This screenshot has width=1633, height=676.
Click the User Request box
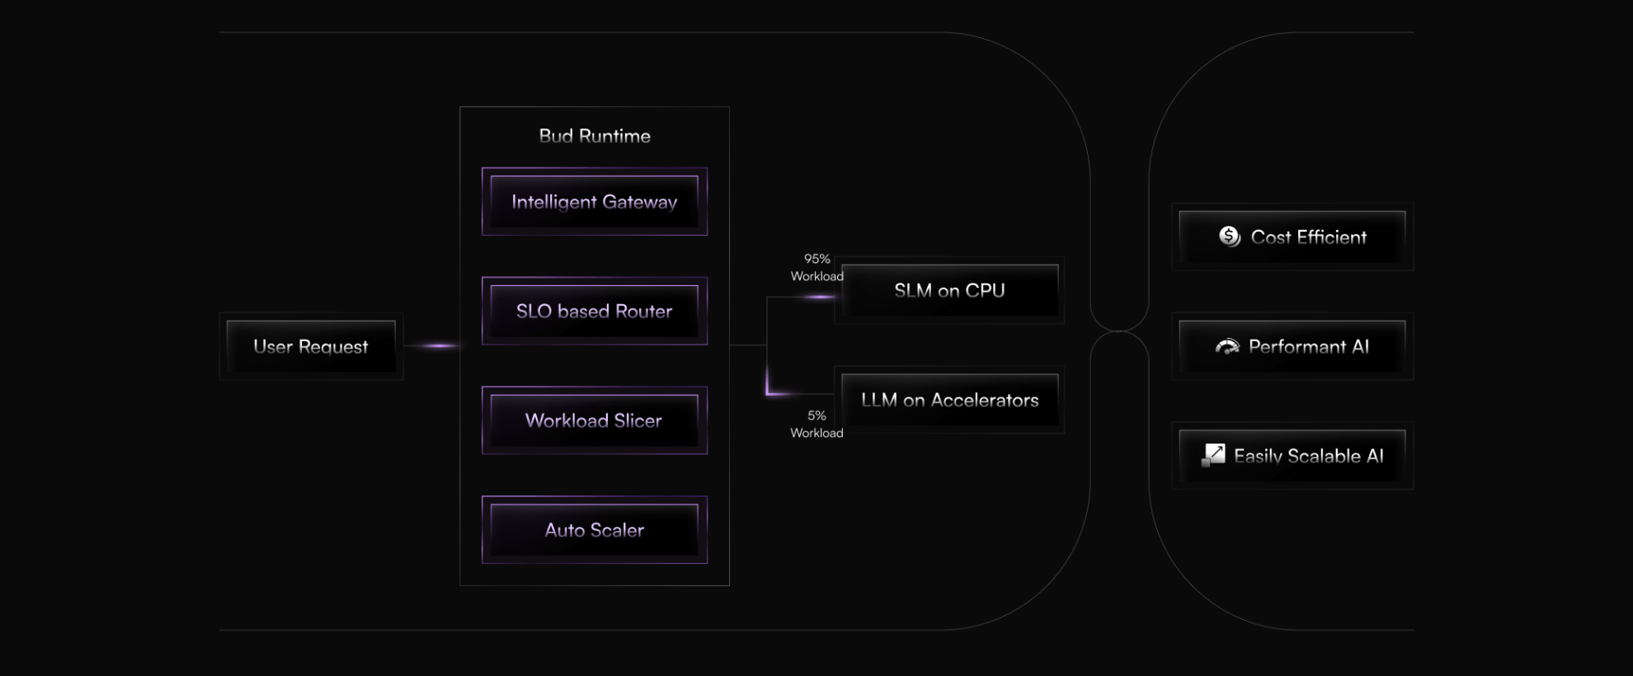[x=311, y=346]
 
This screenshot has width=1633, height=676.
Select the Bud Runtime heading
[x=595, y=136]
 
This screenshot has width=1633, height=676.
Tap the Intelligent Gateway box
[x=595, y=202]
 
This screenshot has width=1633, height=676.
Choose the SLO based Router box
[x=595, y=312]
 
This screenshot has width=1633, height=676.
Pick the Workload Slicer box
[x=595, y=420]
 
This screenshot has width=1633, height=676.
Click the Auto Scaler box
[x=595, y=530]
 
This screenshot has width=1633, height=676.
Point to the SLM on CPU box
[x=949, y=290]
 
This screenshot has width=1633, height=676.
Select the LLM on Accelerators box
[x=949, y=400]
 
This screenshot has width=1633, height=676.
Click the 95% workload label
[x=816, y=267]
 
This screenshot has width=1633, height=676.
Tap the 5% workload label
[x=816, y=424]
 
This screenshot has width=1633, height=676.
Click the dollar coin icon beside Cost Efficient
[x=1230, y=237]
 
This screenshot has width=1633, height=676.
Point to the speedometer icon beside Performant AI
[x=1227, y=347]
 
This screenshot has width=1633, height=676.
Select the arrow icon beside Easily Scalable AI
[x=1213, y=454]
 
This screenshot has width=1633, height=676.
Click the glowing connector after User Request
[x=437, y=345]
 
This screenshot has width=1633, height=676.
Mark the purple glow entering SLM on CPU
[x=816, y=297]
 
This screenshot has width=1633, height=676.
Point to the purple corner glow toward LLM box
[x=770, y=391]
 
